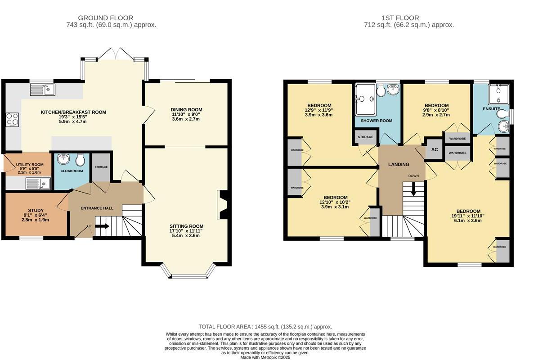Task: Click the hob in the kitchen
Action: [x=13, y=119]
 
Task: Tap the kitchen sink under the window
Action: [x=43, y=90]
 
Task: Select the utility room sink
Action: [x=38, y=184]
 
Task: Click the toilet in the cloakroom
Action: [x=80, y=159]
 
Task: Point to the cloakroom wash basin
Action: [x=63, y=159]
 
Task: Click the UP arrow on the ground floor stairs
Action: [x=102, y=226]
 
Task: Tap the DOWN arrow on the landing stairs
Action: [x=413, y=189]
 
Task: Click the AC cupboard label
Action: [x=435, y=149]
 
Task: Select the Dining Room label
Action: [x=186, y=110]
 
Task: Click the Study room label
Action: [x=36, y=210]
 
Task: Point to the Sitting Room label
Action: [x=186, y=226]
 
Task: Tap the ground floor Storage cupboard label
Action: [x=101, y=167]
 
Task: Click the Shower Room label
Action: [x=377, y=121]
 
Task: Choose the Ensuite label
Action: [x=491, y=109]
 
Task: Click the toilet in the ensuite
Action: [x=503, y=114]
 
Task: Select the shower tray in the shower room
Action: [x=365, y=99]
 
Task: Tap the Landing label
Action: [x=399, y=164]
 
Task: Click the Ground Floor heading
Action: [x=106, y=18]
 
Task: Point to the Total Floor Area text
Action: [x=265, y=327]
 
